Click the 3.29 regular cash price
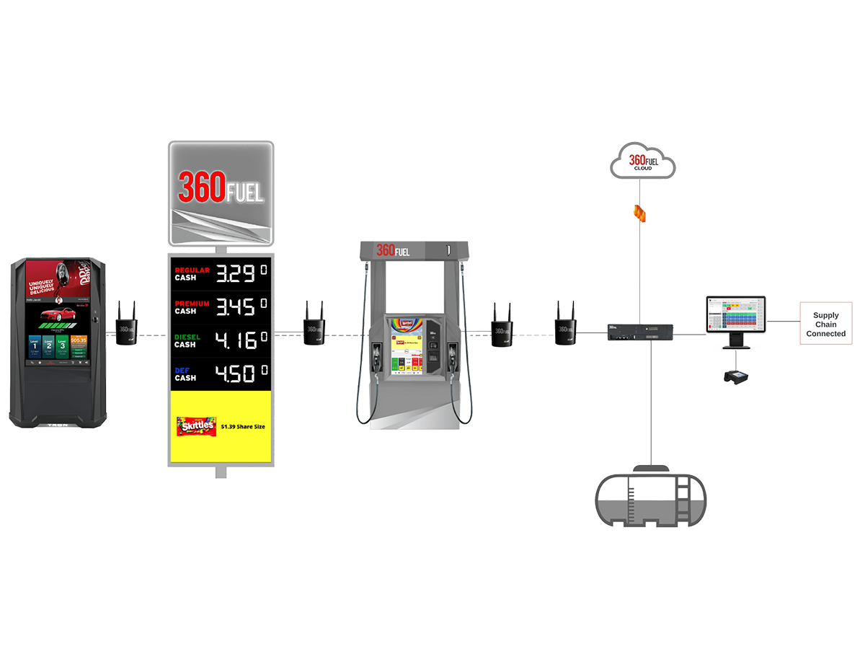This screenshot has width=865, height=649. click(236, 275)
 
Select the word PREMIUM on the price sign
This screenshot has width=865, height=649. click(192, 304)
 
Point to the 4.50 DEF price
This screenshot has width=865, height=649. click(236, 374)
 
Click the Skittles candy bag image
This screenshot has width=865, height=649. click(196, 426)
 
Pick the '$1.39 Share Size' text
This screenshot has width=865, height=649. click(243, 427)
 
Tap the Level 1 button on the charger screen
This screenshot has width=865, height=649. click(35, 346)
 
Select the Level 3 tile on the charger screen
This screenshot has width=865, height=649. click(63, 346)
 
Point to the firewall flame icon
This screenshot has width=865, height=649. click(637, 212)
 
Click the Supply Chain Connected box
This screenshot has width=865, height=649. click(825, 324)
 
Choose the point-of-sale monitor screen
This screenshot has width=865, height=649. click(736, 314)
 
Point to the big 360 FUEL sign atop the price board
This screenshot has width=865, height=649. click(221, 192)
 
